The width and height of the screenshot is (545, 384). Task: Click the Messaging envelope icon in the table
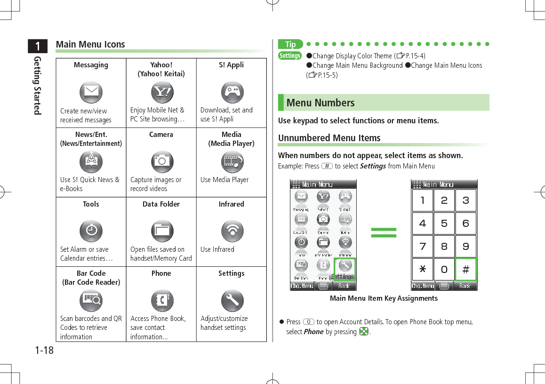(x=91, y=92)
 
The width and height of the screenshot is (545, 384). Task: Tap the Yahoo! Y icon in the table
(x=162, y=92)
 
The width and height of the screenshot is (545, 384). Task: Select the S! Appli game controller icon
(x=232, y=92)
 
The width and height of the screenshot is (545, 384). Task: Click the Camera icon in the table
(x=162, y=161)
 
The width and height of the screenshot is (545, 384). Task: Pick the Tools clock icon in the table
(x=91, y=231)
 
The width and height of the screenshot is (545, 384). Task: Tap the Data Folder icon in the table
(x=162, y=231)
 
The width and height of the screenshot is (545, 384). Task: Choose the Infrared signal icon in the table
(x=232, y=231)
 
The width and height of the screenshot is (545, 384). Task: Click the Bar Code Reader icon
(x=91, y=300)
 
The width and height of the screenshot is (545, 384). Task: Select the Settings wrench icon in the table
(x=232, y=300)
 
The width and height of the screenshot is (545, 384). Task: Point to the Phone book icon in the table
(x=162, y=300)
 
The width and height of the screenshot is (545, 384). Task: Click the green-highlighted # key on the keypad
(x=465, y=270)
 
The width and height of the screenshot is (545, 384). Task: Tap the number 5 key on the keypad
(x=444, y=224)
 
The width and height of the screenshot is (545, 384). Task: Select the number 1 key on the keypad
(x=423, y=200)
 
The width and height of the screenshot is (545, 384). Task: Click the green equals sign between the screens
(x=384, y=232)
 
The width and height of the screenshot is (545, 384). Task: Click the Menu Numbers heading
(x=321, y=103)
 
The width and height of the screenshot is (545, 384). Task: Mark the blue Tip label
(x=291, y=44)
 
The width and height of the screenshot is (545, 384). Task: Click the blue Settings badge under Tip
(x=290, y=56)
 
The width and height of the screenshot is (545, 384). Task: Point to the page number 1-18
(x=44, y=350)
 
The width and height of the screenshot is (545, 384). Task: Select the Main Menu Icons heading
(x=90, y=44)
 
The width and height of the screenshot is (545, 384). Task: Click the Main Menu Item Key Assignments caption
(x=384, y=298)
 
